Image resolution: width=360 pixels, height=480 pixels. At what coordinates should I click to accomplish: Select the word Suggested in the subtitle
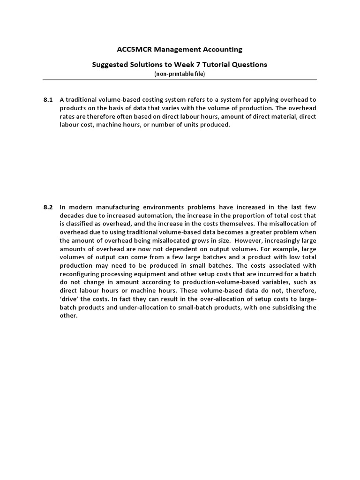coord(110,65)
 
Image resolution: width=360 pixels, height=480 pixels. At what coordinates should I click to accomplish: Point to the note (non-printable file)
coord(180,74)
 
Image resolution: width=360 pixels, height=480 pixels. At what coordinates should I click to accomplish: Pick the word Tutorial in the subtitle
coord(223,65)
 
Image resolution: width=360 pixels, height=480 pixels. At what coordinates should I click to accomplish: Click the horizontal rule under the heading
coord(180,79)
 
